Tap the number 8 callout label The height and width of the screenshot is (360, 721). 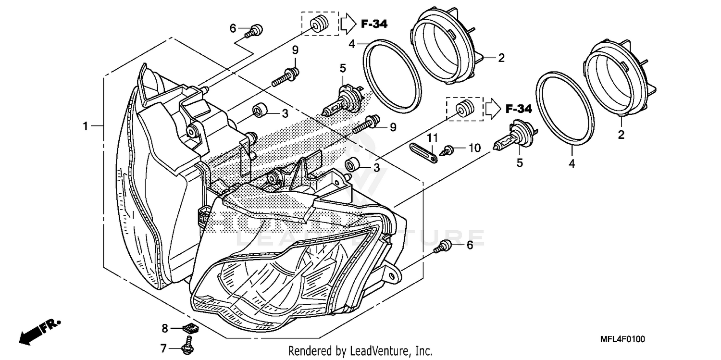(x=164, y=329)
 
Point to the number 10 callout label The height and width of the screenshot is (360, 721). (x=474, y=148)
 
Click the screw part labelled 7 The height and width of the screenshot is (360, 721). (x=185, y=348)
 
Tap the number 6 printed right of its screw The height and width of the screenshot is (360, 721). (x=470, y=245)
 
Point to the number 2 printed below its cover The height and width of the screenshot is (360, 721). (x=621, y=136)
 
